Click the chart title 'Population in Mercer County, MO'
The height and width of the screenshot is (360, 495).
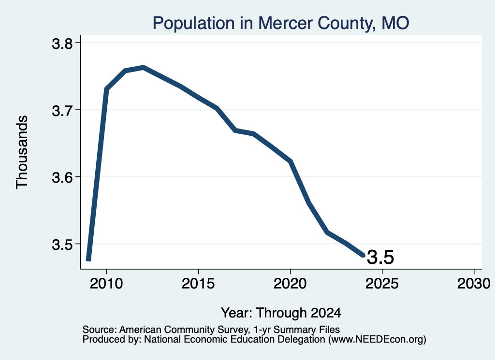click(281, 23)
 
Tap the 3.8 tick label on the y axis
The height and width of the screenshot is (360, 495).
click(62, 43)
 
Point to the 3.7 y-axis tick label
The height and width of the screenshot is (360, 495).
click(62, 111)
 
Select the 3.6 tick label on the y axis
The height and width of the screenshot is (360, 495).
click(62, 178)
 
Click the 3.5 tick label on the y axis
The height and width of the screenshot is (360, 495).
click(62, 245)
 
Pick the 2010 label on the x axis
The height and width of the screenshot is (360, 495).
click(106, 283)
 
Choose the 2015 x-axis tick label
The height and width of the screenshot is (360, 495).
click(198, 283)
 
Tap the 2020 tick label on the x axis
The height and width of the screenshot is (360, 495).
click(290, 283)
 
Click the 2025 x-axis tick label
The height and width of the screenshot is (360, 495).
click(382, 283)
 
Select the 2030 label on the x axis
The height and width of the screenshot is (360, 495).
click(474, 283)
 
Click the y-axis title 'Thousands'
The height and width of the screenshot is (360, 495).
click(22, 152)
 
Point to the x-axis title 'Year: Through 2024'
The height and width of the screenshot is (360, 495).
click(281, 313)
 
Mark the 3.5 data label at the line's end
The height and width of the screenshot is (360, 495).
click(380, 257)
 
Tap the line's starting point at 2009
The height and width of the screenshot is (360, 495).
click(88, 260)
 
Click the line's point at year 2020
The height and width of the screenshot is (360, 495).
click(291, 161)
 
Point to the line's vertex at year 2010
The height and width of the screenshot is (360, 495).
click(106, 89)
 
